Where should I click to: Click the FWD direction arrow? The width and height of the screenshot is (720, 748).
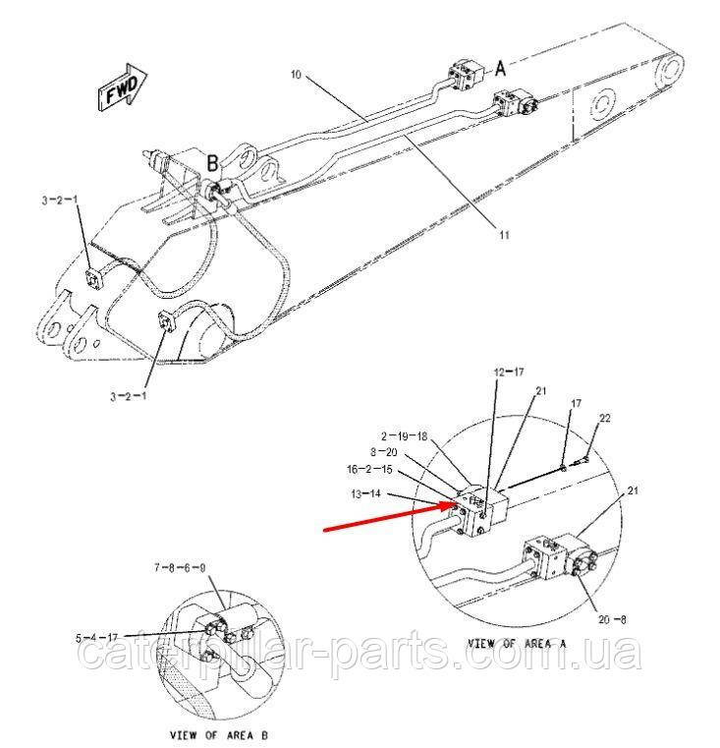tap(122, 88)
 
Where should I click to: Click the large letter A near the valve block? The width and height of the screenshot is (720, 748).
tap(500, 69)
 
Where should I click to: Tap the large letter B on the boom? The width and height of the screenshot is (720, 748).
tap(213, 163)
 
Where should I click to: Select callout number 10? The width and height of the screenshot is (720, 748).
tap(296, 75)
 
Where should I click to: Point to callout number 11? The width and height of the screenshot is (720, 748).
tap(504, 235)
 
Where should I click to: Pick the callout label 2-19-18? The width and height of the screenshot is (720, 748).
tap(405, 435)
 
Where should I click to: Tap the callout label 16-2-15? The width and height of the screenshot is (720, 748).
tap(369, 469)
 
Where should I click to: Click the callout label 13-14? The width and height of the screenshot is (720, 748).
tap(366, 493)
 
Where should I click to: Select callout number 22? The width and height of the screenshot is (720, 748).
tap(604, 418)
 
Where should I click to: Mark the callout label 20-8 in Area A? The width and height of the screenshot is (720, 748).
tap(612, 619)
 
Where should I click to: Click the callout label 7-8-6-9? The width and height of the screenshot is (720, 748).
tap(180, 568)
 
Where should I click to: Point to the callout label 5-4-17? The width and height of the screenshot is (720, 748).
tap(97, 638)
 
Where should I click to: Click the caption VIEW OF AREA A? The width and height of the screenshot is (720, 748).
tap(517, 644)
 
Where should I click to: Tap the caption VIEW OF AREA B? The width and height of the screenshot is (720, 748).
tap(219, 735)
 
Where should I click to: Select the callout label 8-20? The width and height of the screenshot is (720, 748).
tap(384, 452)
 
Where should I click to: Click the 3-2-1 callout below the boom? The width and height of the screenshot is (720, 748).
tap(129, 396)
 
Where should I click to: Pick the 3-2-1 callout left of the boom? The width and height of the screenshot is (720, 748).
tap(60, 200)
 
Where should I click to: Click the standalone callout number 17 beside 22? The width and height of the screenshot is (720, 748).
tap(576, 404)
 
